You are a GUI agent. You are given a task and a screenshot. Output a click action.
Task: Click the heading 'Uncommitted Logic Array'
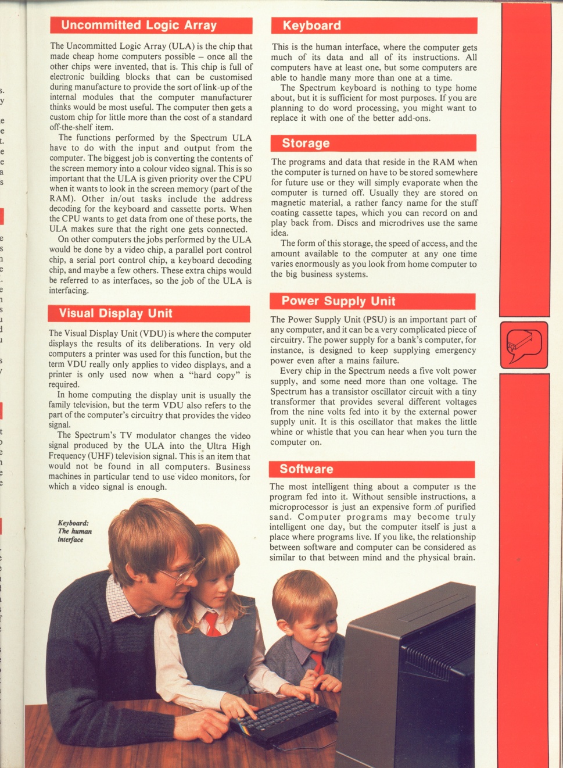139,25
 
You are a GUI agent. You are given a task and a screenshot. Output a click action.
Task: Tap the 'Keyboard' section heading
312,26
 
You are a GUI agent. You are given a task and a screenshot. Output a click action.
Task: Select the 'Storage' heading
306,143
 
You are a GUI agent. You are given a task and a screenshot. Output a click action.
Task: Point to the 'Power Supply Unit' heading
338,301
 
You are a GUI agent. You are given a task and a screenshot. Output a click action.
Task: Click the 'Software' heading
306,469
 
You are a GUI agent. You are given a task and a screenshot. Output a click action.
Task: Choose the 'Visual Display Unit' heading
116,313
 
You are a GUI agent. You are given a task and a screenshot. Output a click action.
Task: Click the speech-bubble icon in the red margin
523,344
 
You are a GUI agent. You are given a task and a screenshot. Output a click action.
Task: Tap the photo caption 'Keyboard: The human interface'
74,531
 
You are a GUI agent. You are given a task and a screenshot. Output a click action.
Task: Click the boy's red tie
317,662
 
